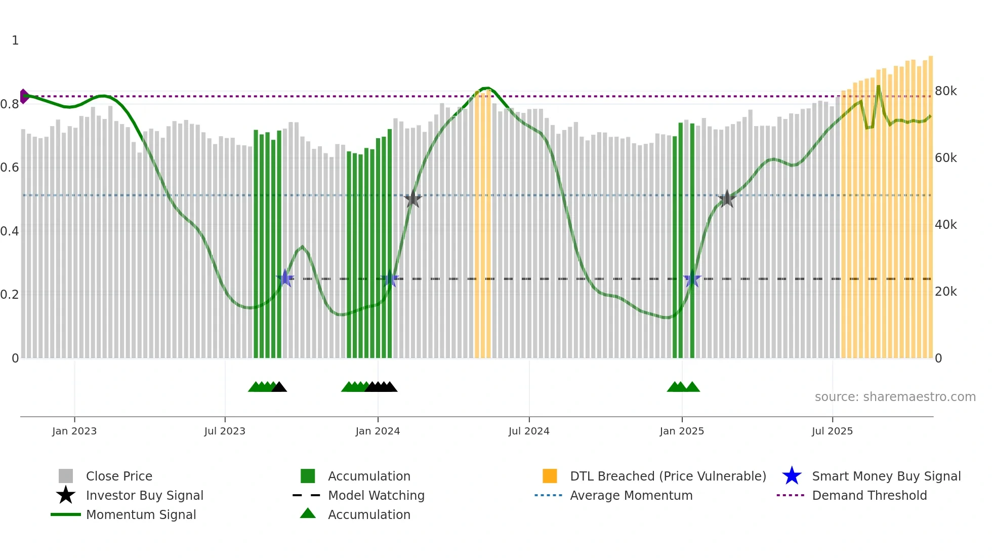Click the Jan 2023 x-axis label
74,431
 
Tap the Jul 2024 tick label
529,431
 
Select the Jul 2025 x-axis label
832,431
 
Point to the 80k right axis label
945,91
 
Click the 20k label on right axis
945,292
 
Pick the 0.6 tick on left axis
10,168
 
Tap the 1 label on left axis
15,41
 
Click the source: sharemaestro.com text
895,397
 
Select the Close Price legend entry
119,476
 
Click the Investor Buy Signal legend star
66,495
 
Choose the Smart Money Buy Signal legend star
792,476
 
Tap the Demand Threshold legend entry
869,495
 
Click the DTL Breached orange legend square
550,476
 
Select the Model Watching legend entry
376,495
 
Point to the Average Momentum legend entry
631,495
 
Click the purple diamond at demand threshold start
24,96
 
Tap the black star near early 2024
413,199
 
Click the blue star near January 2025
692,279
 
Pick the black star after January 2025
727,199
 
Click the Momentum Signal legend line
66,514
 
